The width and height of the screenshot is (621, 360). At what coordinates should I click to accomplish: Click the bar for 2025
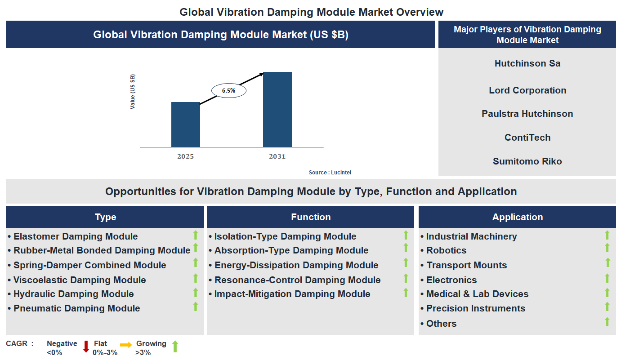[185, 124]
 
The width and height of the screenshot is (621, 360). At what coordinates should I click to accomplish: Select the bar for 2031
[277, 109]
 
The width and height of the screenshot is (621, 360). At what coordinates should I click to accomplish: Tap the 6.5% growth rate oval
[228, 90]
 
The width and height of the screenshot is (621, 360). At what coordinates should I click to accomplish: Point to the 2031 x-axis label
[277, 156]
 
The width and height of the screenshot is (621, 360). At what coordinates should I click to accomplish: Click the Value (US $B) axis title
[133, 92]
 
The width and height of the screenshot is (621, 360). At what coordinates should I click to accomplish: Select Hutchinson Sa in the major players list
[527, 63]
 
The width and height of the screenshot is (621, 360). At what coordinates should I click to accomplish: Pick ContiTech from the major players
[527, 138]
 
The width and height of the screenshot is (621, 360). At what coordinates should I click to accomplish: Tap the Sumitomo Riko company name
[527, 161]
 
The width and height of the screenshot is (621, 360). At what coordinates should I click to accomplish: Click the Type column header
[105, 217]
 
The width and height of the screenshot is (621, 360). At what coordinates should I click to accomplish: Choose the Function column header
[310, 217]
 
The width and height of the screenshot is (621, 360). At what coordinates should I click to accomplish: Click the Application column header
[517, 217]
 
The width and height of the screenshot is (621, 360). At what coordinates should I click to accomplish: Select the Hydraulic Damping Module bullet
[73, 294]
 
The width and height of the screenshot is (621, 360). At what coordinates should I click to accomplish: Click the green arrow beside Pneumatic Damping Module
[196, 307]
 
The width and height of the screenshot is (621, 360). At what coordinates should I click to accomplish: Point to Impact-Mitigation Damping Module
[292, 294]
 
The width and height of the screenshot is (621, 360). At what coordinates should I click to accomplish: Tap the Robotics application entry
[446, 250]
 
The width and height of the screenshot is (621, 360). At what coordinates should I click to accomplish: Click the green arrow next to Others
[607, 321]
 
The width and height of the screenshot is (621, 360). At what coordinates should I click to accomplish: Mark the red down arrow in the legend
[86, 347]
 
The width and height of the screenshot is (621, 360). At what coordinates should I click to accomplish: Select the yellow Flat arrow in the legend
[126, 345]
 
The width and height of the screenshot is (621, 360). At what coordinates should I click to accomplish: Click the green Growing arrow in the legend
[175, 346]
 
